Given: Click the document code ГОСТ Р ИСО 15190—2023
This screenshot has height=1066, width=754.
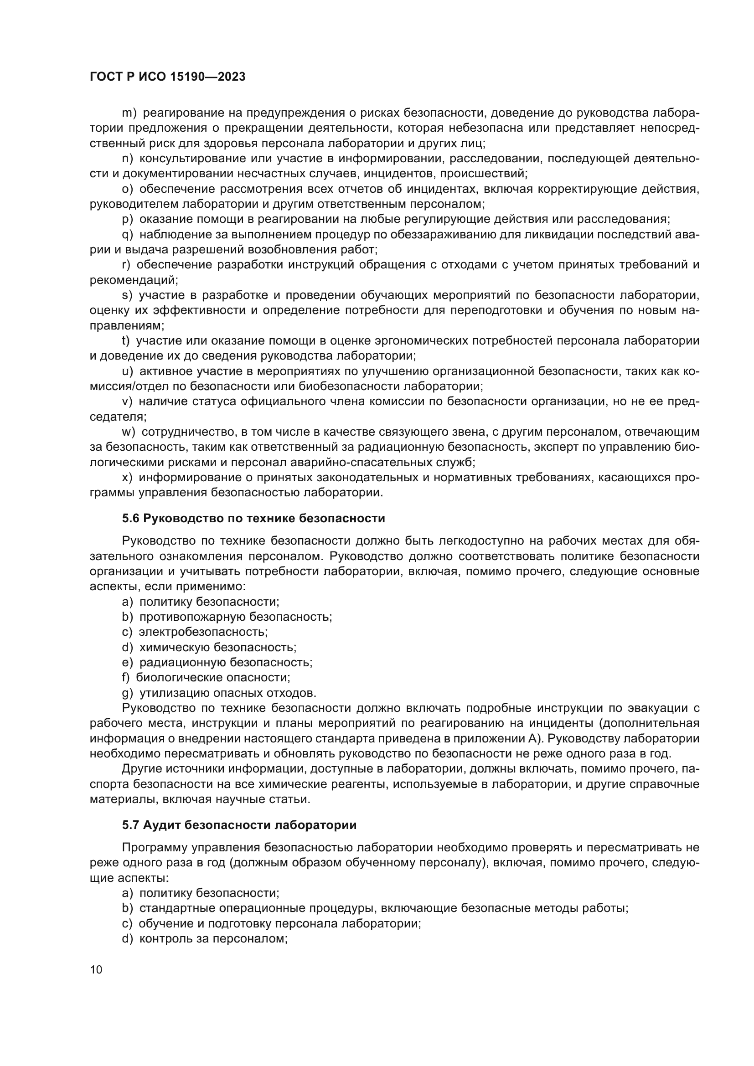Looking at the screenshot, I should coord(168,77).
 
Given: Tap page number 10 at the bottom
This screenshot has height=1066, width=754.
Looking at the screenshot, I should coord(96,969).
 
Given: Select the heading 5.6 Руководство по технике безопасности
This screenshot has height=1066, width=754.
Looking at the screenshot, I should coord(253,518).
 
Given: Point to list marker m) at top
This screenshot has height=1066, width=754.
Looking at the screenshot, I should coord(129,113).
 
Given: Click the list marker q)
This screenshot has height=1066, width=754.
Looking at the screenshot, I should coord(127,234).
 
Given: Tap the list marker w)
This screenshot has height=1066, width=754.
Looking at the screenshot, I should coord(129,432).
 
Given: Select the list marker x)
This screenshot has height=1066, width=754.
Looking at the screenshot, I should coord(127,477).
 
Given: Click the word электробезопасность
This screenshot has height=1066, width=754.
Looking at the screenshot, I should coord(202,632).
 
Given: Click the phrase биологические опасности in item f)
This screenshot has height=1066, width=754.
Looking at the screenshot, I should coord(212,677).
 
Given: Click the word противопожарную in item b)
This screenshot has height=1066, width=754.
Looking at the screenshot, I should coord(192,617).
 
